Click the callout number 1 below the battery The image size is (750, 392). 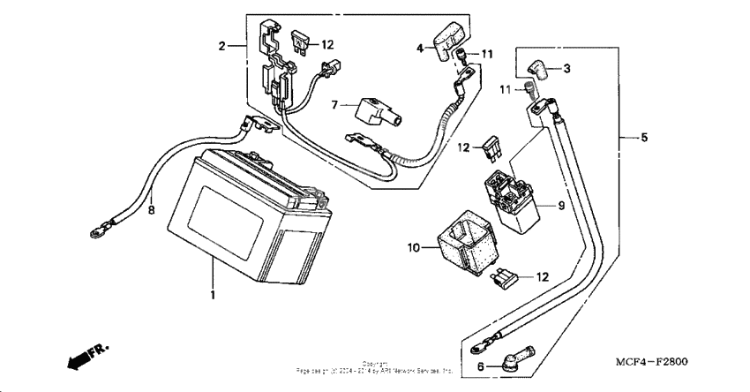pyautogui.click(x=212, y=291)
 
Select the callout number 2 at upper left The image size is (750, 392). pyautogui.click(x=223, y=45)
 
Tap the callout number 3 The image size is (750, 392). pyautogui.click(x=566, y=68)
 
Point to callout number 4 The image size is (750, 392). pyautogui.click(x=421, y=49)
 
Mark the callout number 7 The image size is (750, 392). pyautogui.click(x=335, y=106)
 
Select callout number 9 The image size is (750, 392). pyautogui.click(x=559, y=206)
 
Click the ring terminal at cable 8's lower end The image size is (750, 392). pyautogui.click(x=94, y=234)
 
